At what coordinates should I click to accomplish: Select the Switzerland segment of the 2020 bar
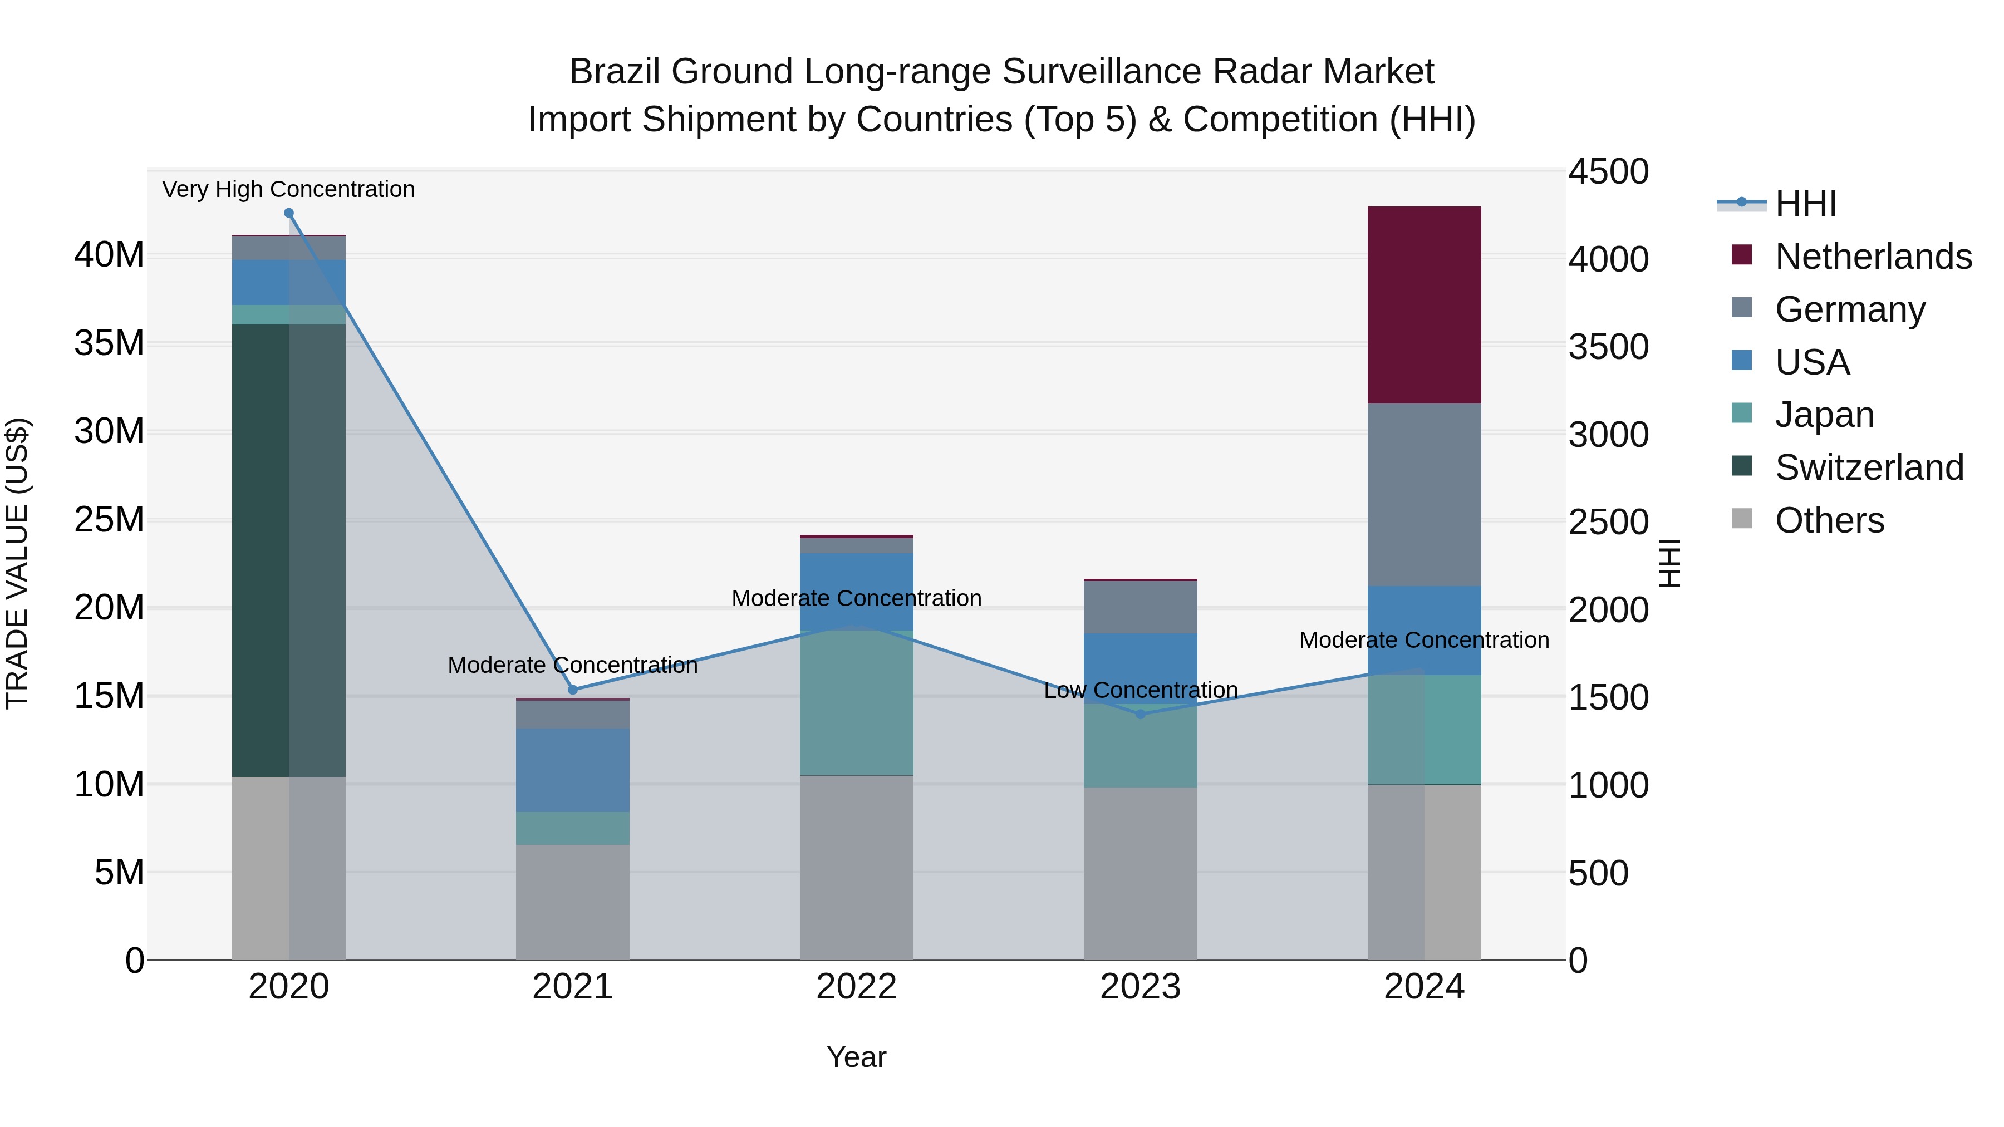click(288, 550)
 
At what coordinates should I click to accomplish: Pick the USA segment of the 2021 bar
click(573, 770)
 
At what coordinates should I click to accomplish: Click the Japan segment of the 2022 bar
click(857, 702)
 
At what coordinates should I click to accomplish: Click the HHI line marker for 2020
click(288, 213)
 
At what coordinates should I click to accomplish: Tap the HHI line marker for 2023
click(1141, 714)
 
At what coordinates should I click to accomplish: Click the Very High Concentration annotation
click(288, 190)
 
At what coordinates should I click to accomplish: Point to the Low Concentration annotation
click(1141, 691)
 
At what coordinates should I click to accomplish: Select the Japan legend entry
click(1824, 415)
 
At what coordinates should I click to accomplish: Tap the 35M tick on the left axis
click(109, 343)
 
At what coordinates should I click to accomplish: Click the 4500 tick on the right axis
click(1607, 172)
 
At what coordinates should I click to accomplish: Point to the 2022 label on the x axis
click(857, 987)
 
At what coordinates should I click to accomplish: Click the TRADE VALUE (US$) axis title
click(17, 563)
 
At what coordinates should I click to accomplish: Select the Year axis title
click(857, 1057)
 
